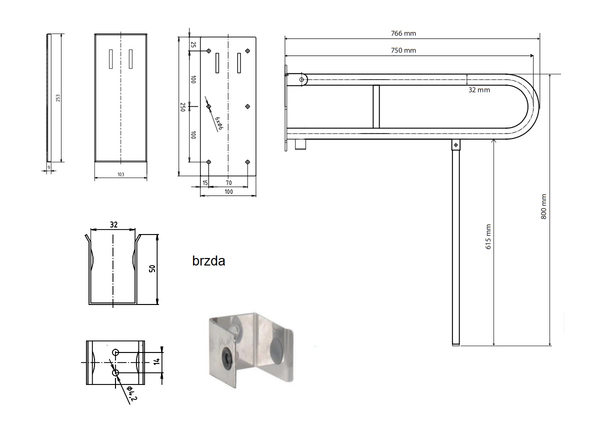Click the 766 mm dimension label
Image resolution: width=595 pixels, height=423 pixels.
pos(403,33)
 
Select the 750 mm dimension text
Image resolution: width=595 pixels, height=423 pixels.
pos(403,50)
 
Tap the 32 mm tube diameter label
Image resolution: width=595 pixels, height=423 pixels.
pos(479,90)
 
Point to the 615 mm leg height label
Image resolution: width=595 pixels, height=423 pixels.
pos(488,236)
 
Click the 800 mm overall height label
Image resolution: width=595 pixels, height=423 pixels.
pos(544,207)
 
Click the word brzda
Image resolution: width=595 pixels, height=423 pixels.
pos(208,261)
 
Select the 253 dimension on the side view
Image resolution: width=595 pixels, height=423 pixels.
pos(58,98)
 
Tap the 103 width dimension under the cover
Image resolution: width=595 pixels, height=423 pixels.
pos(120,174)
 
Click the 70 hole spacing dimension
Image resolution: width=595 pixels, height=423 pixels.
pos(228,183)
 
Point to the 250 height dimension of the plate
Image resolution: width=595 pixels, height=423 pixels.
pos(182,106)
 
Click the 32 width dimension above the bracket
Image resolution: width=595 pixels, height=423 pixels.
pos(113,224)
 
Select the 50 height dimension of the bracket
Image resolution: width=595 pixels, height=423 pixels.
pos(152,268)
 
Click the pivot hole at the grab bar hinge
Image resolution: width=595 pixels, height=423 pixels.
pos(301,79)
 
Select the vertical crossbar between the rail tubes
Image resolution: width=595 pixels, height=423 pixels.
pos(376,106)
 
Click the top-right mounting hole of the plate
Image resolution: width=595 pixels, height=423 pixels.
pos(248,51)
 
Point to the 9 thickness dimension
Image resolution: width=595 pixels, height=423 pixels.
pos(49,167)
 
